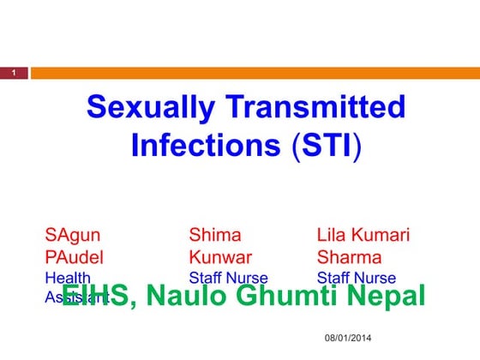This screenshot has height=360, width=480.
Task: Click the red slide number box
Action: click(14, 74)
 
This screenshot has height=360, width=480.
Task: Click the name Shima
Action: click(215, 235)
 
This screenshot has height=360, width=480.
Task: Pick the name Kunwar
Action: click(220, 256)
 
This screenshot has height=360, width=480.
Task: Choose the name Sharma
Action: click(349, 256)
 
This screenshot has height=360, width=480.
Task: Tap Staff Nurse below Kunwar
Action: click(228, 278)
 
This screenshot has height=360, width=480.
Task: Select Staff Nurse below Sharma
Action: click(357, 278)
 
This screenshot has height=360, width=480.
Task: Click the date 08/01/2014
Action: click(349, 340)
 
